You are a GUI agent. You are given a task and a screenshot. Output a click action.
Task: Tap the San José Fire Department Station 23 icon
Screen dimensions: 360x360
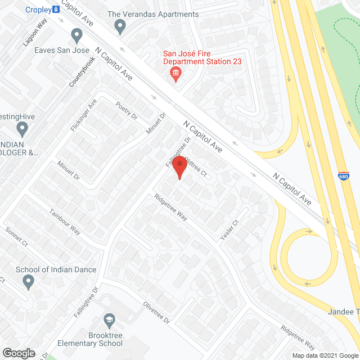[x=175, y=73]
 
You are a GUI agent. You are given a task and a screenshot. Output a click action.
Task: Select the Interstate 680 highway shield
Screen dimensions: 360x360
[x=343, y=176]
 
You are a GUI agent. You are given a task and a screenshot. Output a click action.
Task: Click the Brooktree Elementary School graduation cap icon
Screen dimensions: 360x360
[x=109, y=321]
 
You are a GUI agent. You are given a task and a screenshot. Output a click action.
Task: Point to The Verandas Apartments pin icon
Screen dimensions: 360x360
[x=119, y=26]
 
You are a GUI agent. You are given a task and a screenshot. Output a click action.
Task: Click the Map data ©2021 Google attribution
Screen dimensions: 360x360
[x=324, y=355]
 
